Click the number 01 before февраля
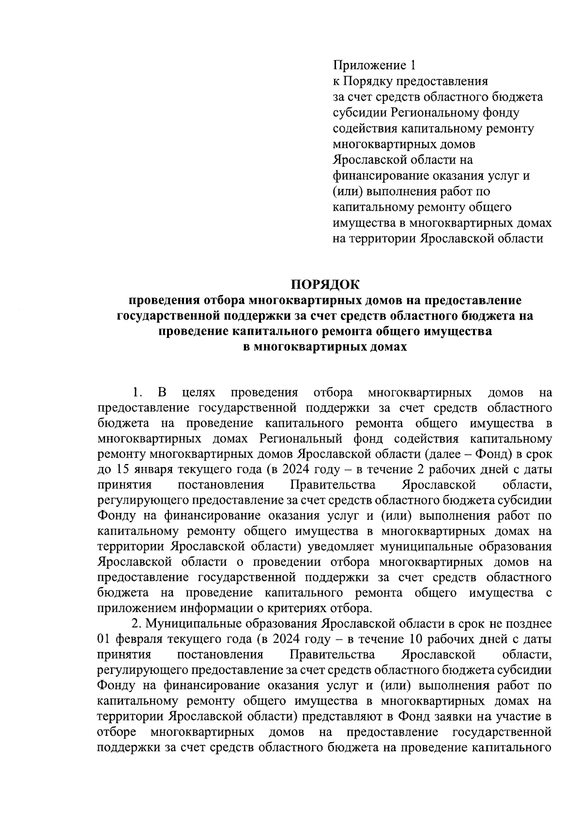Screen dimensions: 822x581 pos(105,639)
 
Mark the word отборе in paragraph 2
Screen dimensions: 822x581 pos(116,731)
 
